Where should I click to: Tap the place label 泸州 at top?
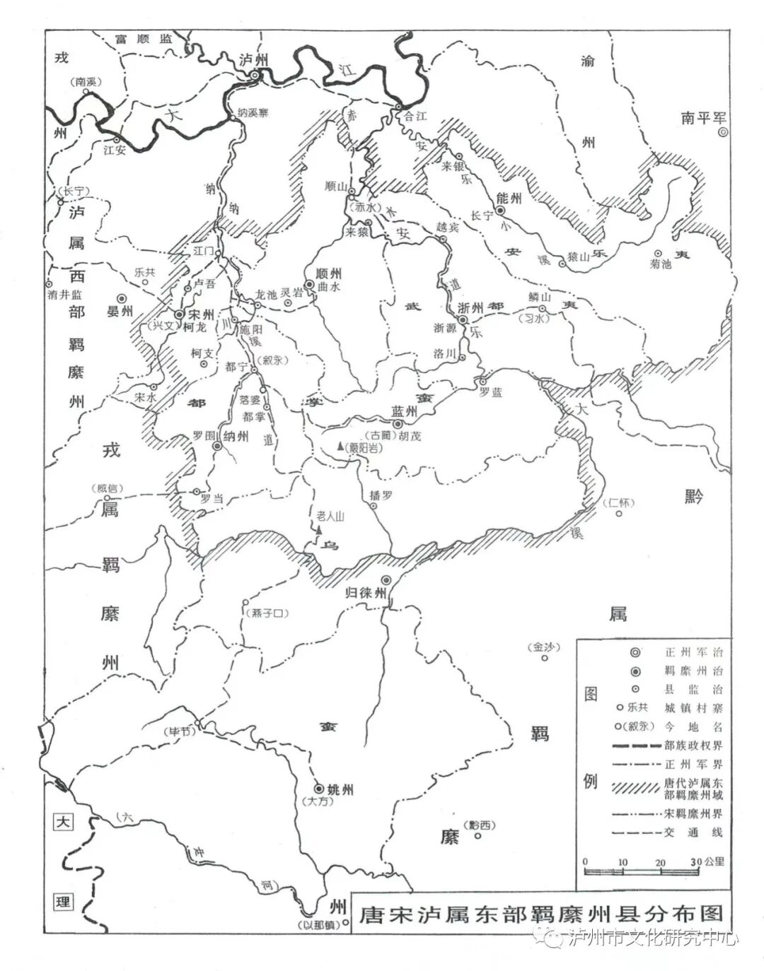(x=254, y=59)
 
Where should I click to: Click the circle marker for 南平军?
(x=722, y=132)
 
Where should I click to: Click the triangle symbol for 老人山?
(x=320, y=528)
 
